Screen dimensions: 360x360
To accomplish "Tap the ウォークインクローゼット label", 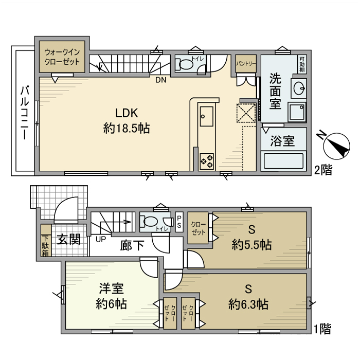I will coord(62,57).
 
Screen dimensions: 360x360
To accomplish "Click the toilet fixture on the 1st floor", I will coord(149,222).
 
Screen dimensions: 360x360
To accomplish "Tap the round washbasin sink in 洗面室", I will coord(298,89).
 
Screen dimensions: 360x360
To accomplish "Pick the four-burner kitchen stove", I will coord(207,160).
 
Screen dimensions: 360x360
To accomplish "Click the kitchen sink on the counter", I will coord(207,119).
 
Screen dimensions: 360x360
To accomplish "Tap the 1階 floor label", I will coord(323,327).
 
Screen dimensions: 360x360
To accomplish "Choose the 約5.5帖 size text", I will coord(251,245).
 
